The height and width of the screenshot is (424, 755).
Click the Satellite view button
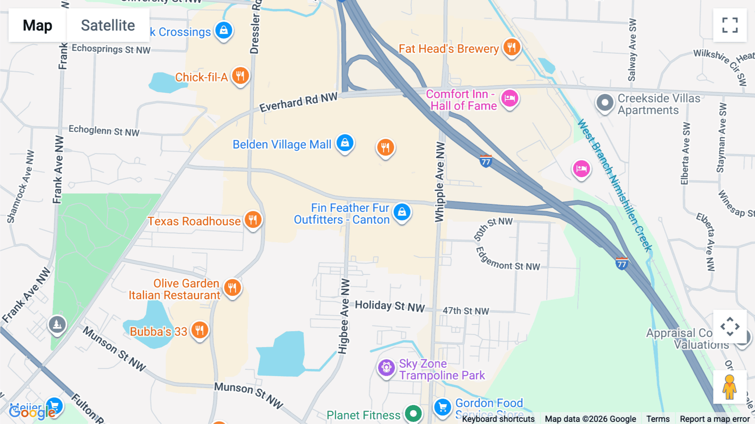click(x=108, y=25)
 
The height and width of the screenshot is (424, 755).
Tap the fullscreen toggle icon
click(x=730, y=25)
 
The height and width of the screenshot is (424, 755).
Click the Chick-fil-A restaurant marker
click(x=240, y=76)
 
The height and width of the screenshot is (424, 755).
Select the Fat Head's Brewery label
click(x=448, y=49)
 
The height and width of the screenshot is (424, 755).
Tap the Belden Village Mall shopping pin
click(x=345, y=143)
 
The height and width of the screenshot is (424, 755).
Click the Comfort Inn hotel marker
click(x=510, y=99)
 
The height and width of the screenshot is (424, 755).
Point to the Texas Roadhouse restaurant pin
click(x=253, y=219)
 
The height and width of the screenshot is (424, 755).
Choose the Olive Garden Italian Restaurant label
click(x=174, y=289)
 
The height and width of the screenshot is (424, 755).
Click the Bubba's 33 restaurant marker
click(x=200, y=330)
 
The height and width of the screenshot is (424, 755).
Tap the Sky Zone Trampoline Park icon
click(x=386, y=368)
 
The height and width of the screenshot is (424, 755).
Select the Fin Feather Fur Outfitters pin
click(x=402, y=212)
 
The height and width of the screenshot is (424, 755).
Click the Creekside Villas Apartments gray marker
click(x=605, y=102)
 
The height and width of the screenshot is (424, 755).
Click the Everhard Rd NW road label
click(x=298, y=102)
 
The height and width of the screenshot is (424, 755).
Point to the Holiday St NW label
click(x=390, y=306)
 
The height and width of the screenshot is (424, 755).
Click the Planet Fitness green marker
click(x=413, y=414)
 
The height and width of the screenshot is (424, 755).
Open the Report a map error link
click(x=714, y=419)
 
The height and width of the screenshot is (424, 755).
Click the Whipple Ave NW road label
click(x=439, y=181)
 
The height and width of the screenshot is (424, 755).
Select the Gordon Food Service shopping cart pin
click(x=442, y=407)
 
